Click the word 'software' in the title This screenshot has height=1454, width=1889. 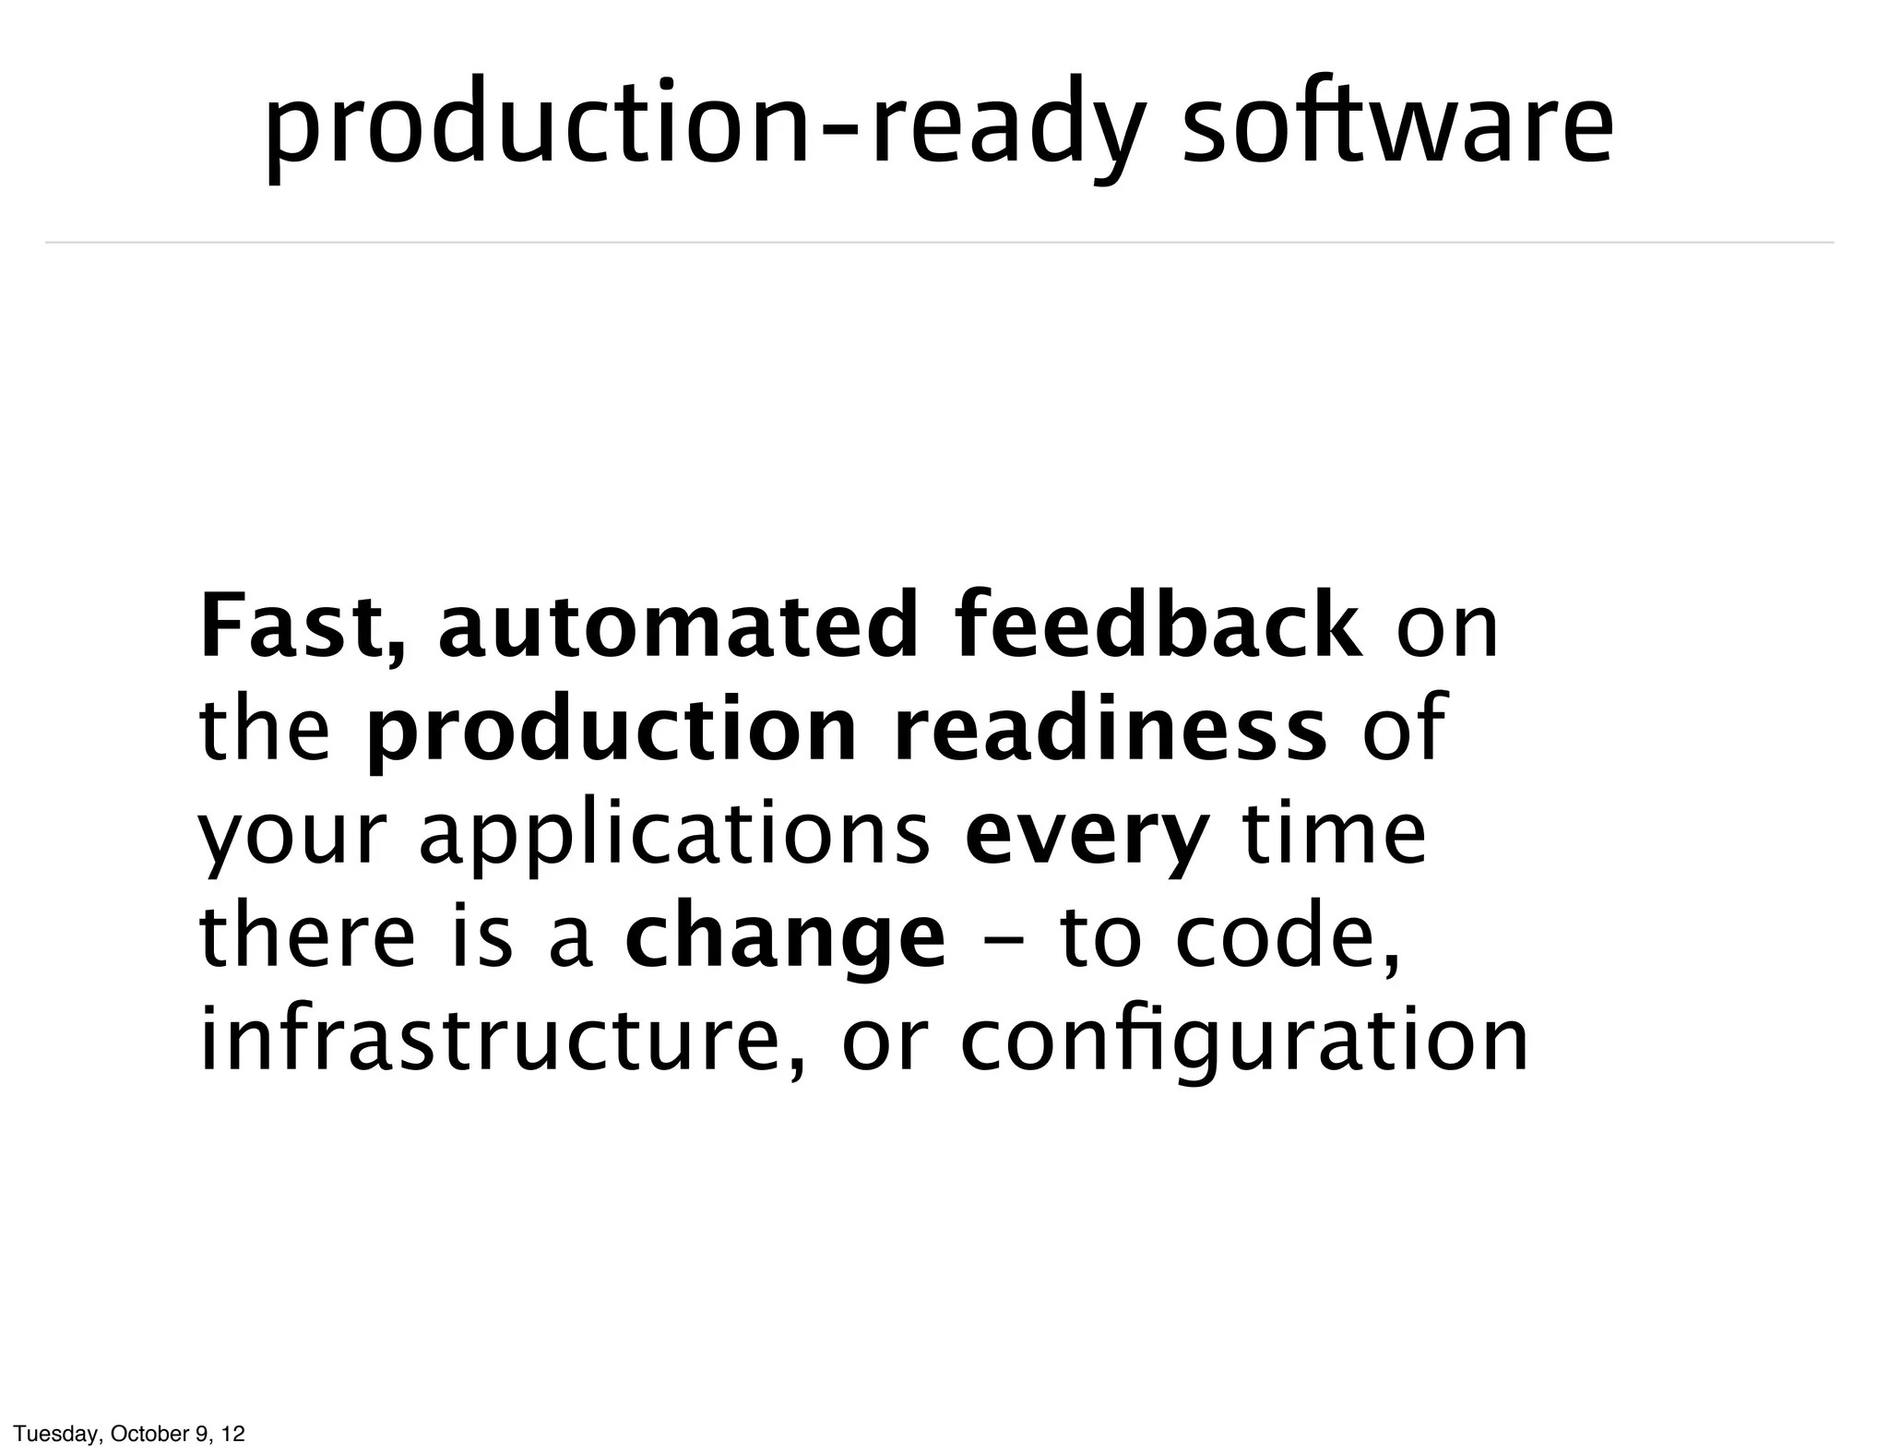click(x=1396, y=125)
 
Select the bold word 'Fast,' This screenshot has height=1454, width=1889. click(x=302, y=627)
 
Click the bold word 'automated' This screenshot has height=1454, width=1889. click(x=678, y=627)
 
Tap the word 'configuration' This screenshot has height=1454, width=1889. click(x=1244, y=1043)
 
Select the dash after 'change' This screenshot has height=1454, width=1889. click(x=1002, y=938)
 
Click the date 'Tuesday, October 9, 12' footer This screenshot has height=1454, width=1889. click(x=130, y=1434)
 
